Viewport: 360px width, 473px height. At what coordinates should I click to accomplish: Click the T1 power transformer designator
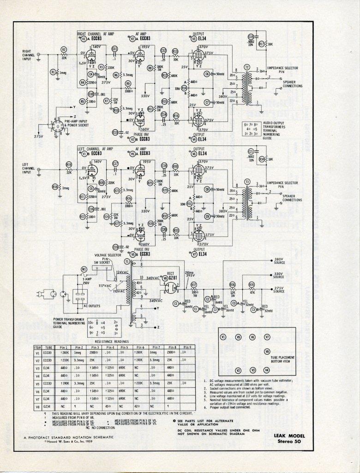coord(126,261)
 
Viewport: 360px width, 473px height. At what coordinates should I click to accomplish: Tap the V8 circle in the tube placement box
coord(267,352)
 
